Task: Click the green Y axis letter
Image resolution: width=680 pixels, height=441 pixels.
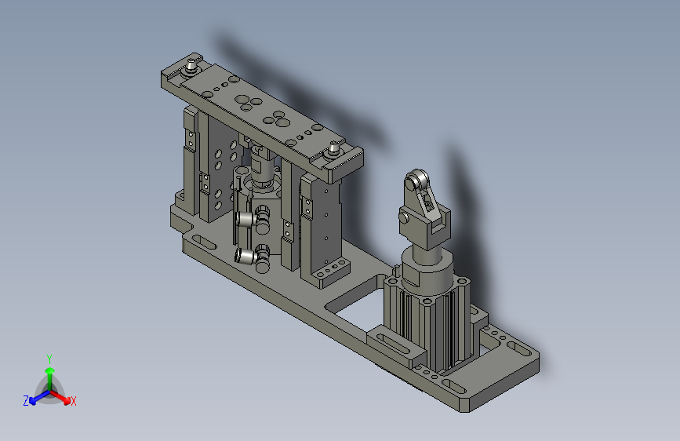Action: click(x=49, y=358)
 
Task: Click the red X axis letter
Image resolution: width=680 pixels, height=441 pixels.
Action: click(x=74, y=402)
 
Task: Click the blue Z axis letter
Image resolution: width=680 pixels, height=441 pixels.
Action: click(x=26, y=401)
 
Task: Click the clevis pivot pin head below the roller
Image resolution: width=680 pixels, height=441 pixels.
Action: click(x=403, y=217)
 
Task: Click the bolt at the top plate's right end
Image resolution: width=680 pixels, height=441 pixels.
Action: click(x=334, y=148)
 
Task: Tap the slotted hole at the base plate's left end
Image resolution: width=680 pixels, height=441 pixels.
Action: click(x=201, y=242)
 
